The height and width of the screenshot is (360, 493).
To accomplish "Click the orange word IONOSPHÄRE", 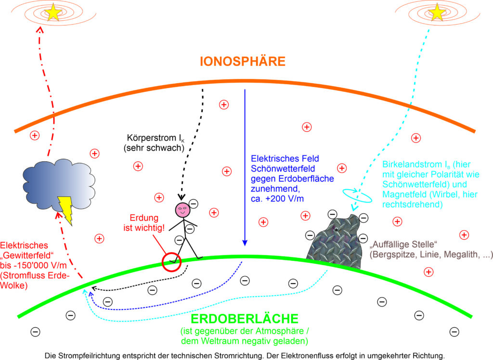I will (x=243, y=61).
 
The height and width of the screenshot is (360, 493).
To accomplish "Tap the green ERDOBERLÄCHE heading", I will (x=245, y=319).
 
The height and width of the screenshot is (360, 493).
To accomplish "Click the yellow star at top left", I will (x=53, y=13).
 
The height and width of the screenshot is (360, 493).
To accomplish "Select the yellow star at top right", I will (x=437, y=13).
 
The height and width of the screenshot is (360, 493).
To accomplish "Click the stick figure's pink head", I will (x=183, y=209).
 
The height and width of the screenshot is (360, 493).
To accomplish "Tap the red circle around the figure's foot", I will (x=172, y=262).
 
